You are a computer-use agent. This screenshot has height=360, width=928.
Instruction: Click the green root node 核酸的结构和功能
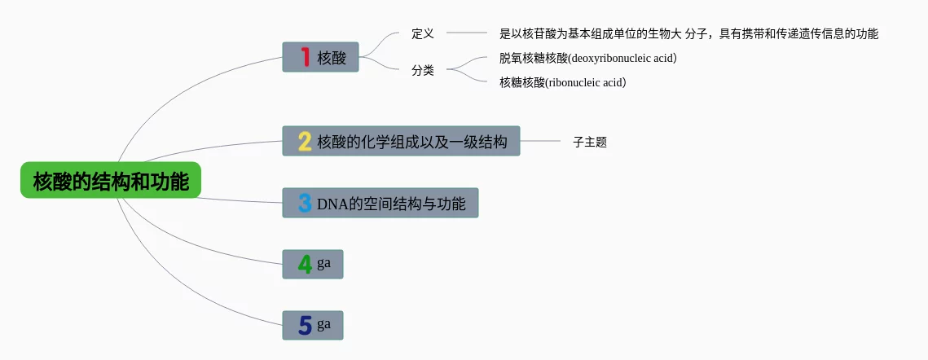(x=111, y=180)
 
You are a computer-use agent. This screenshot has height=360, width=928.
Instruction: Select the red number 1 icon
(x=306, y=57)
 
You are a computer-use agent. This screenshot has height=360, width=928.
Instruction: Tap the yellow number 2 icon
(x=305, y=141)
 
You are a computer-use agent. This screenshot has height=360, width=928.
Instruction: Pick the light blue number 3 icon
(x=305, y=203)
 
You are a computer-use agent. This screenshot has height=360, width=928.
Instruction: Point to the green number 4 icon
(x=305, y=264)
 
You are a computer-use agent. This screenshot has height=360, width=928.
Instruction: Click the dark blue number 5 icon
(x=305, y=325)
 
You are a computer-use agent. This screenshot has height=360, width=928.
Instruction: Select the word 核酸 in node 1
(x=332, y=58)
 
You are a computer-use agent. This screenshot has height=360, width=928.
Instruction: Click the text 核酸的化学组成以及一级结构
(x=412, y=142)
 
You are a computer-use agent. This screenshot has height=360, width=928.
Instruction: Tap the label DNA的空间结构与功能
(x=391, y=204)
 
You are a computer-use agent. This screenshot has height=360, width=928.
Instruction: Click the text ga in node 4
(x=323, y=264)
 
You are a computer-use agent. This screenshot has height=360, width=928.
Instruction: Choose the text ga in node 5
(x=323, y=324)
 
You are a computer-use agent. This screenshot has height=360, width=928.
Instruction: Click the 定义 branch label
(x=423, y=33)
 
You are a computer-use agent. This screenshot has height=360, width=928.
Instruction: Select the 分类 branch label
(x=423, y=71)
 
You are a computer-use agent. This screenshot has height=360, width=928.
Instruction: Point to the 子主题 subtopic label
(x=590, y=142)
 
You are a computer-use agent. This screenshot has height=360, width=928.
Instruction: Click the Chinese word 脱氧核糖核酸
(x=533, y=58)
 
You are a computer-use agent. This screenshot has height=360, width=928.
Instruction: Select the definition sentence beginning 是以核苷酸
(x=689, y=33)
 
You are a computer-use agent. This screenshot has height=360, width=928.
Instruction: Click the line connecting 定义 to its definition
(x=466, y=33)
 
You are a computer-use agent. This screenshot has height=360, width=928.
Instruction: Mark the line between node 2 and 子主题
(x=540, y=141)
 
